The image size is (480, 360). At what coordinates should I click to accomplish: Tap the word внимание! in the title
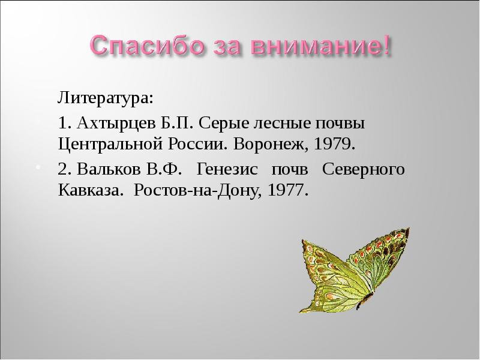click(x=323, y=46)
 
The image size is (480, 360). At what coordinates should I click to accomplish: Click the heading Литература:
click(x=106, y=97)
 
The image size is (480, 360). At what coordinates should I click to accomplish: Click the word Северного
click(x=364, y=169)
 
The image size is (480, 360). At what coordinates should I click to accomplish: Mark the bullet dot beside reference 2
click(x=38, y=166)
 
